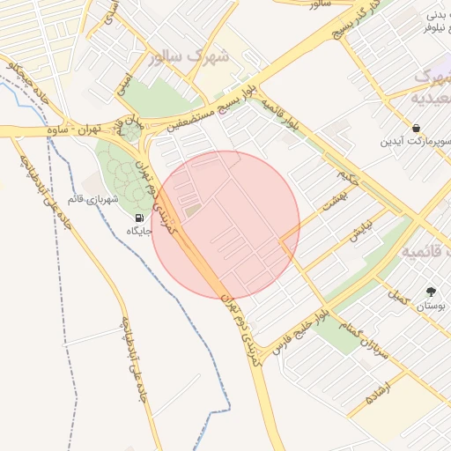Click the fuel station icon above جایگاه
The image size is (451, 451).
[x=138, y=218]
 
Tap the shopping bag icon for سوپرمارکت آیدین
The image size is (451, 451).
[x=416, y=127]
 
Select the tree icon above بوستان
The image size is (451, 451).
[x=430, y=291]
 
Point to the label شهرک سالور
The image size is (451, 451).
[x=189, y=58]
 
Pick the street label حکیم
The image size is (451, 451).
[x=352, y=177]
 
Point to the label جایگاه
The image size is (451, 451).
[x=140, y=231]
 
